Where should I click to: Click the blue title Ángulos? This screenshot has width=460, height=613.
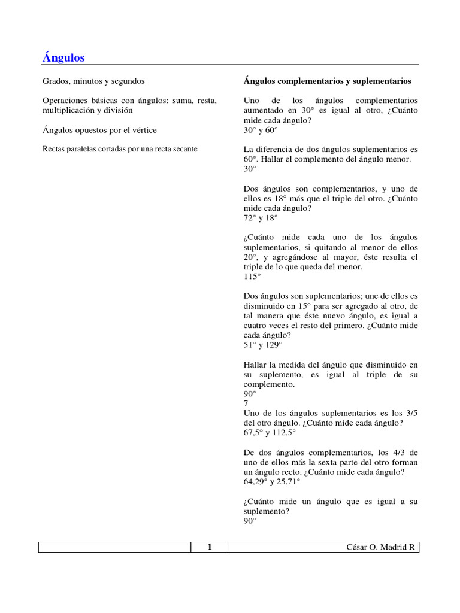tap(63, 57)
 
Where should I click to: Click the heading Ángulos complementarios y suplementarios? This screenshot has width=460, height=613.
tap(327, 80)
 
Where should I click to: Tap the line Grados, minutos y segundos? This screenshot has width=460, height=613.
tap(93, 80)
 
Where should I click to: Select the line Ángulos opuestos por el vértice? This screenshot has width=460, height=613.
tap(99, 129)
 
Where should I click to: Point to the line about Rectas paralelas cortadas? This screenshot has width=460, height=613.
tap(120, 148)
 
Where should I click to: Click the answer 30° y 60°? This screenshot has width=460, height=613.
tap(261, 129)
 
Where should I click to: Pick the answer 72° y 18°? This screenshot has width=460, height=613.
tap(261, 218)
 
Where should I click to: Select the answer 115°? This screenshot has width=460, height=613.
tap(252, 277)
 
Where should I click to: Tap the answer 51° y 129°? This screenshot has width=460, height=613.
tap(263, 345)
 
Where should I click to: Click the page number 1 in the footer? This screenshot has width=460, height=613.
tap(210, 547)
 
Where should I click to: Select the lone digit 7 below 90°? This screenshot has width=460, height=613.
tap(246, 403)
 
